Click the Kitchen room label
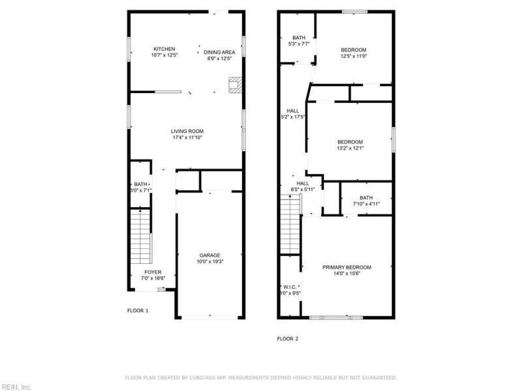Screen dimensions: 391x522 coord(164,49)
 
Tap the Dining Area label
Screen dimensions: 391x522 coord(219,52)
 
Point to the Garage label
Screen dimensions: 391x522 coord(209,255)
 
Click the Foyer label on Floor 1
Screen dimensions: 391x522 coord(153,272)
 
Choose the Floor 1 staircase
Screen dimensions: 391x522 coord(140,235)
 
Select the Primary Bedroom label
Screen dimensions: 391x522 coord(346,267)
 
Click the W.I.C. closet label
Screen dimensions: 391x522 coord(290,287)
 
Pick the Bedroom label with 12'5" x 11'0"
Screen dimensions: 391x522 coord(354,50)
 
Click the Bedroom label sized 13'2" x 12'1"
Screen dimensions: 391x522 coord(350,142)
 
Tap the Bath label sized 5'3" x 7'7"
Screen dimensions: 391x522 coord(299,38)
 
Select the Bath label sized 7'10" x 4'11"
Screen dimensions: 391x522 coord(366,197)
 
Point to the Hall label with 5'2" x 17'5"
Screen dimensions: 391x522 coord(292,111)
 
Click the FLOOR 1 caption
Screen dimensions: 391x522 coord(138,311)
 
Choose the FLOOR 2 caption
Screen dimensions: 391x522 coord(288,339)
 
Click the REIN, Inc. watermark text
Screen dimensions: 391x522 coord(16,386)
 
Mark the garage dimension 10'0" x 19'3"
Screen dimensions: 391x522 coord(209,261)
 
